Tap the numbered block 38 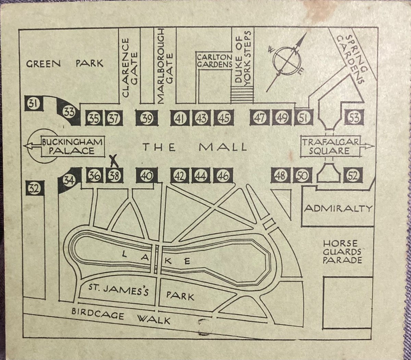114,176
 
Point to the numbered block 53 354,118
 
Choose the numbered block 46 223,176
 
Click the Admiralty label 338,208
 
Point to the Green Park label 65,63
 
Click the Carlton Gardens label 214,60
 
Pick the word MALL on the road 223,147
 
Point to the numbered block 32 35,188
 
